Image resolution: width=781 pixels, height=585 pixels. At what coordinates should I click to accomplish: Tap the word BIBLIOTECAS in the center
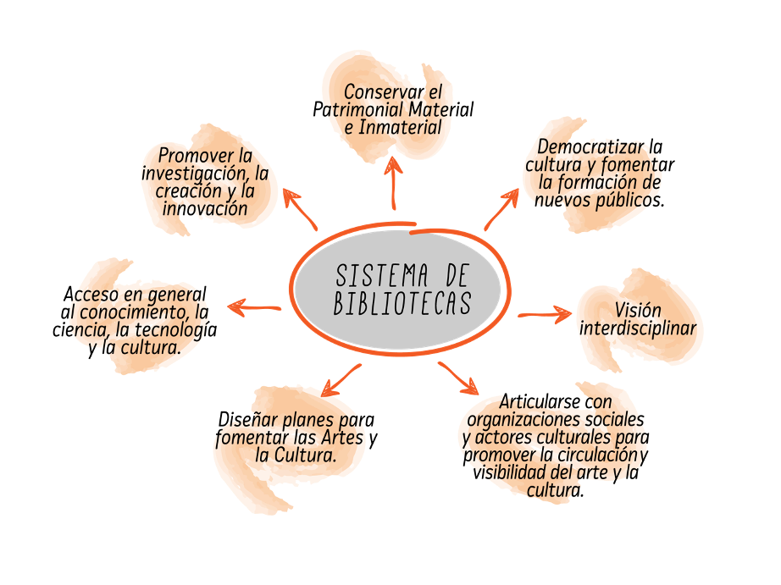pyautogui.click(x=402, y=304)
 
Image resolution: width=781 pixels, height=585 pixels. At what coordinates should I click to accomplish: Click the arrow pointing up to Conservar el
pyautogui.click(x=393, y=182)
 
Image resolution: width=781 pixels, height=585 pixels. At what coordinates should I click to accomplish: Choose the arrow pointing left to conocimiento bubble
pyautogui.click(x=254, y=308)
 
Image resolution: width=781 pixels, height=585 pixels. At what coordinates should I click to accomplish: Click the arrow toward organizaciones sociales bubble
pyautogui.click(x=458, y=378)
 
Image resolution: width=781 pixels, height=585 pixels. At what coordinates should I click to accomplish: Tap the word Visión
pyautogui.click(x=638, y=311)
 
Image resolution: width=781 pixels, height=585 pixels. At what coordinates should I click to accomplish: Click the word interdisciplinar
pyautogui.click(x=638, y=328)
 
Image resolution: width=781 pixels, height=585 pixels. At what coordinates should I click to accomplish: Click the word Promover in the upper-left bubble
pyautogui.click(x=196, y=156)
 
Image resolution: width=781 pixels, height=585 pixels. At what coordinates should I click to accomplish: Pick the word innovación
pyautogui.click(x=206, y=208)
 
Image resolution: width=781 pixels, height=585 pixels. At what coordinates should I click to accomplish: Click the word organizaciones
pyautogui.click(x=524, y=419)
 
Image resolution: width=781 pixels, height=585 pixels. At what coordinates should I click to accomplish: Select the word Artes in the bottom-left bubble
pyautogui.click(x=338, y=438)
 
